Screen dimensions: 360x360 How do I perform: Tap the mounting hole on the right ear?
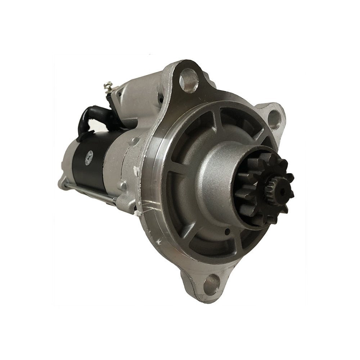(274, 119)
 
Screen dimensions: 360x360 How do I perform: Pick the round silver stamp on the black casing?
(89, 157)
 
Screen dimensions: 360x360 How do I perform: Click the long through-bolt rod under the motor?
(90, 191)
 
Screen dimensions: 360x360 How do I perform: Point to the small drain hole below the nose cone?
(228, 232)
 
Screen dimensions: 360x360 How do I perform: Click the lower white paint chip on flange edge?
(137, 212)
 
